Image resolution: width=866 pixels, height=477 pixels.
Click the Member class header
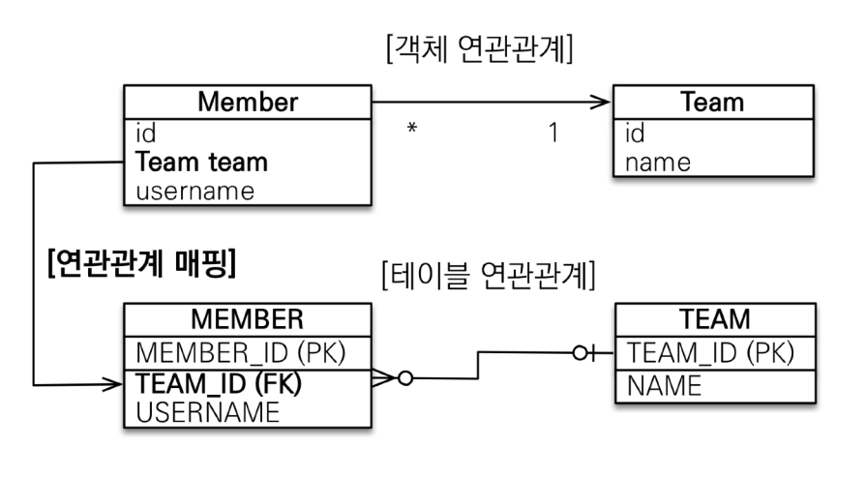(x=247, y=102)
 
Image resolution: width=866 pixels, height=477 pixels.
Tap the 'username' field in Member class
(x=194, y=191)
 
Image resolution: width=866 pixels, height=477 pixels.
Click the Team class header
(x=712, y=102)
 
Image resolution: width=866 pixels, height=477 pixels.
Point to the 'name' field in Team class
(x=658, y=162)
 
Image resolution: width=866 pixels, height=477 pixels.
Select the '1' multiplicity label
(x=553, y=132)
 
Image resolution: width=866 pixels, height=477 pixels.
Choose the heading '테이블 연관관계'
(x=487, y=277)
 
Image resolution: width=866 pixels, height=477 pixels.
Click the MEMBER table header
(x=247, y=320)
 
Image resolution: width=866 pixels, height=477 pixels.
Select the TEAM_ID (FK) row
(x=220, y=383)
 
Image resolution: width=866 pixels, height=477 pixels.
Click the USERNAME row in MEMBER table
(x=207, y=412)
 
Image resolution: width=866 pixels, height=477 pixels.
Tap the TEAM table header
(x=716, y=320)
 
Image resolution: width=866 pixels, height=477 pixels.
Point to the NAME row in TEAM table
(x=663, y=386)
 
